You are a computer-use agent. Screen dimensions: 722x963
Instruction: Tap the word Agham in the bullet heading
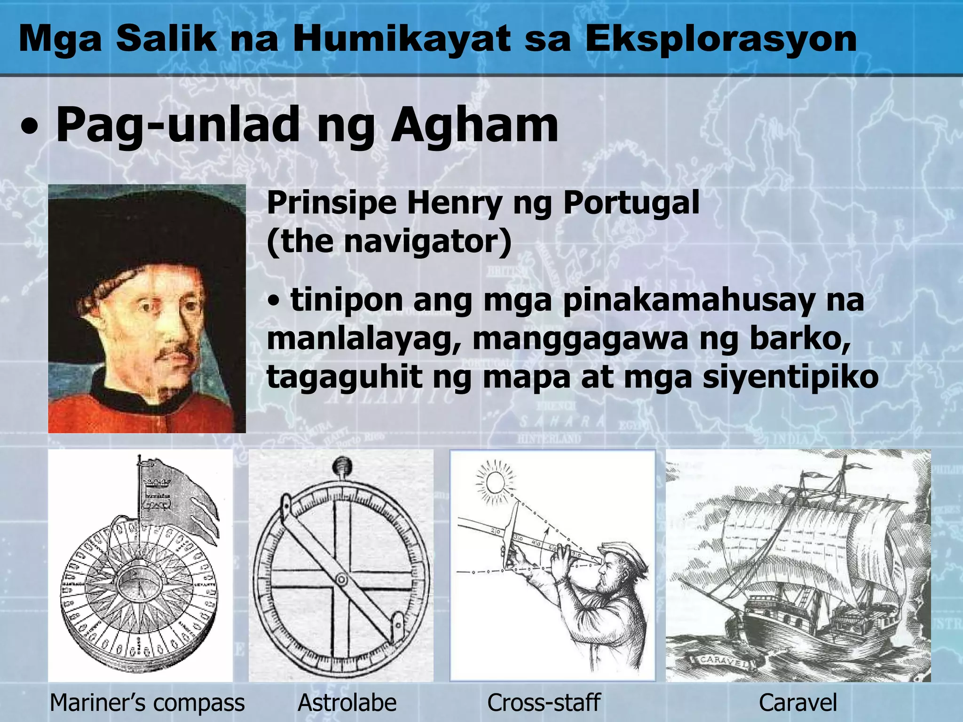(475, 125)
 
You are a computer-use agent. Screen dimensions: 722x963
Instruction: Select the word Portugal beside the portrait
(631, 203)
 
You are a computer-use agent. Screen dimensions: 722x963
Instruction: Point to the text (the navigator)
(389, 241)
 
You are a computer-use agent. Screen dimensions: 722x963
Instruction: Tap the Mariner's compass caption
(147, 703)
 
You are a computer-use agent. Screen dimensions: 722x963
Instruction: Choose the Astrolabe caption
(347, 703)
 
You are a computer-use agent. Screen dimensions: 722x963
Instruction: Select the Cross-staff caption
(544, 703)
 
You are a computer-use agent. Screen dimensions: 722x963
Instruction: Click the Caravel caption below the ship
(798, 703)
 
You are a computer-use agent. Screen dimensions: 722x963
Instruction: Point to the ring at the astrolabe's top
(342, 467)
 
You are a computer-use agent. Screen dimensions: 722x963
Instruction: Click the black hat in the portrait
(141, 235)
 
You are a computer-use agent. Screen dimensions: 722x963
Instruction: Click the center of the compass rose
(140, 581)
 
